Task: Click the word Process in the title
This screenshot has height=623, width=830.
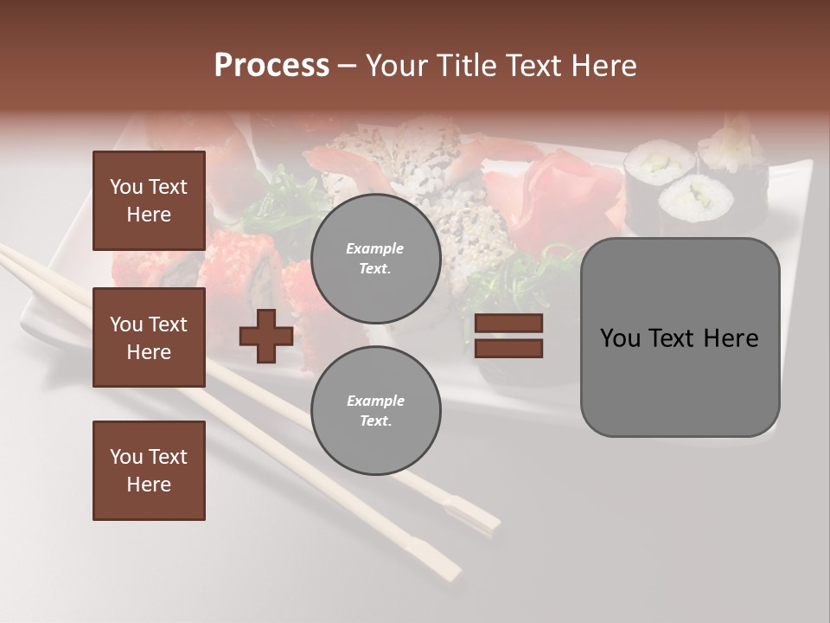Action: point(271,66)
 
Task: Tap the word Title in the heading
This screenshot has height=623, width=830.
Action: point(469,66)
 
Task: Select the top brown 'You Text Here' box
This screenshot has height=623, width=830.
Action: point(149,201)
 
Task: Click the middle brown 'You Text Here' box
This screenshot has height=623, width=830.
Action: point(149,337)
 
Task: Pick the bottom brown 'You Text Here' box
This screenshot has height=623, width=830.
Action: point(149,471)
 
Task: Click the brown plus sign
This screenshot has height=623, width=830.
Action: point(266,336)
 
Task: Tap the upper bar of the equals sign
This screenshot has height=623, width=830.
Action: point(508,324)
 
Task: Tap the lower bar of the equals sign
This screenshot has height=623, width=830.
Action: point(508,348)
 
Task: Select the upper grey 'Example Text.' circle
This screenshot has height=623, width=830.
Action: point(375,258)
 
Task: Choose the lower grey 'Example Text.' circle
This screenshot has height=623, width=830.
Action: point(375,410)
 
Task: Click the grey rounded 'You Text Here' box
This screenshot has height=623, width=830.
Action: point(680,337)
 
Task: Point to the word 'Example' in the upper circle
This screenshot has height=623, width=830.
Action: point(375,248)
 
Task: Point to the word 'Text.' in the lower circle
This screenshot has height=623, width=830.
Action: point(375,421)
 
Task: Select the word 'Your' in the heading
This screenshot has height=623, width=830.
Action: point(396,66)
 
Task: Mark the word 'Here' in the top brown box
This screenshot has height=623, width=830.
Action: point(149,215)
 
